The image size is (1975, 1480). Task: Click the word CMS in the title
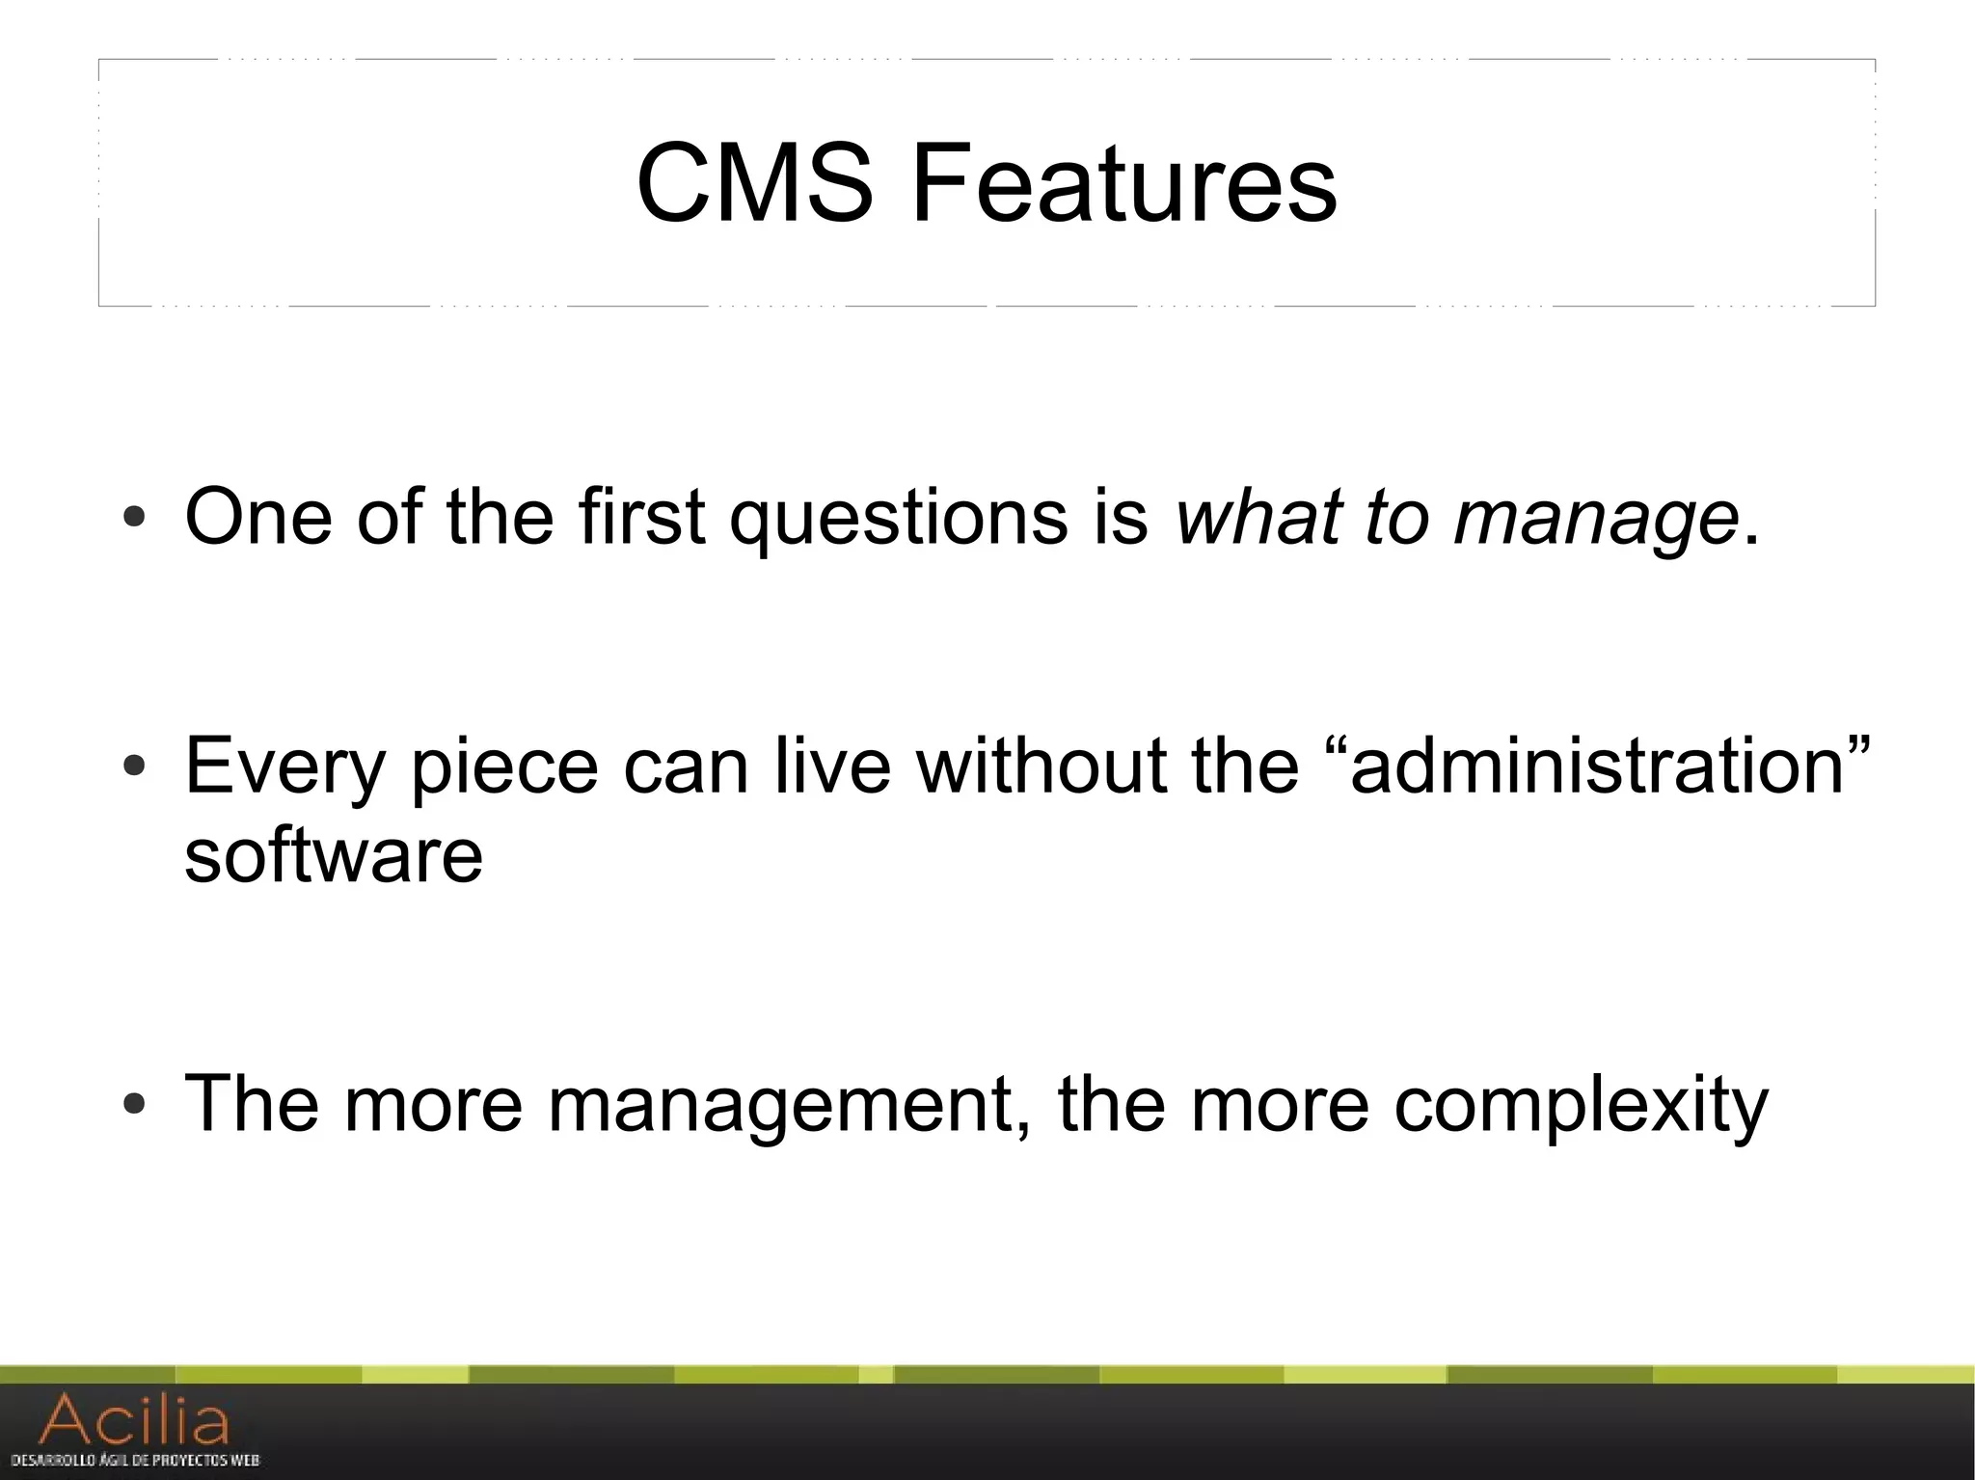click(753, 183)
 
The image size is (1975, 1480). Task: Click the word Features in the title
click(1123, 183)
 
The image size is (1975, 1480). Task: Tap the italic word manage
click(1596, 519)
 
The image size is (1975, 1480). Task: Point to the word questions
click(899, 519)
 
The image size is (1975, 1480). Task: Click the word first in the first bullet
click(642, 517)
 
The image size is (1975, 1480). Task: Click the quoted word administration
click(1596, 766)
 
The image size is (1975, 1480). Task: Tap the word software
click(334, 855)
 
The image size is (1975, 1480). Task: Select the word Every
click(284, 767)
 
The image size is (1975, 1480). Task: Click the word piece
click(503, 767)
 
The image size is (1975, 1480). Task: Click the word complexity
click(1581, 1105)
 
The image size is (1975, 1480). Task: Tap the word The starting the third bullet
click(251, 1103)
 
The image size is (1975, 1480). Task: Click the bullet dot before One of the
click(135, 519)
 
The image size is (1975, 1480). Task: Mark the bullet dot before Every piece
click(135, 767)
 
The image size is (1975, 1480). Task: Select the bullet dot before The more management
click(135, 1104)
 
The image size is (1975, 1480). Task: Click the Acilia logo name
click(135, 1420)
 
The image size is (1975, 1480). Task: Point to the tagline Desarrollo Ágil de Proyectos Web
click(135, 1461)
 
